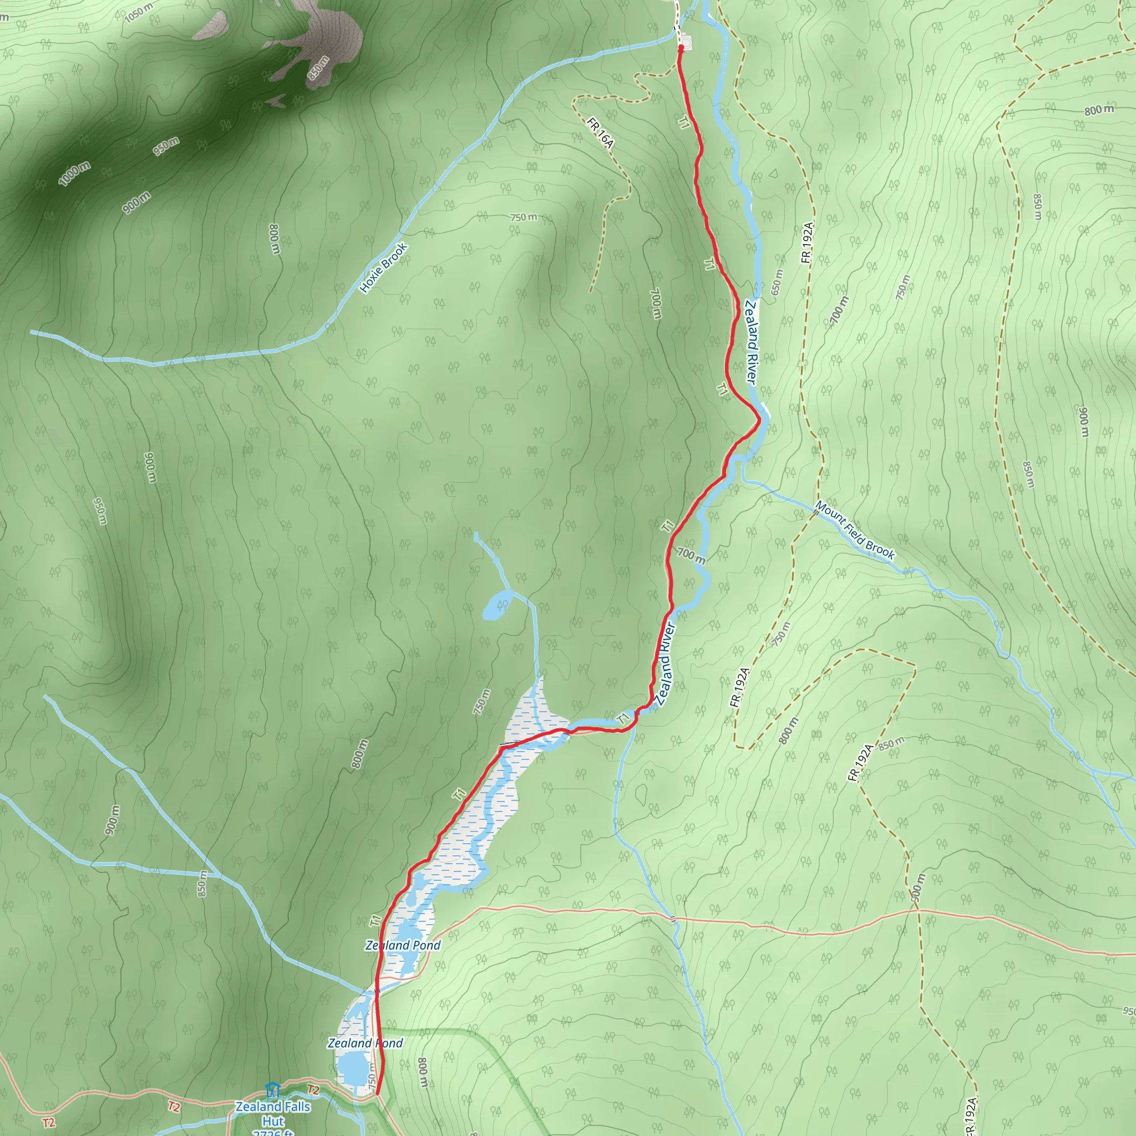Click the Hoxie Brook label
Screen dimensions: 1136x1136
tap(383, 268)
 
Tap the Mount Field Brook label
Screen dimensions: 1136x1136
tap(855, 530)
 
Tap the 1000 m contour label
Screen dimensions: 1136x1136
tap(75, 174)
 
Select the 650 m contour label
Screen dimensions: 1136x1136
tap(777, 282)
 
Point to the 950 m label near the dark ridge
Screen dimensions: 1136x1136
tap(166, 146)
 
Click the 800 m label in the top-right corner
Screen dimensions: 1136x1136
tap(1099, 110)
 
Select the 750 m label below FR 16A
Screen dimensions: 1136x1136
tap(523, 217)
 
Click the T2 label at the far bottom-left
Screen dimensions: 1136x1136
tap(49, 1123)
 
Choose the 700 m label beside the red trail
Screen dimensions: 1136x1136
tap(691, 555)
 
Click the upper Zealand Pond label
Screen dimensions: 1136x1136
tap(403, 945)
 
